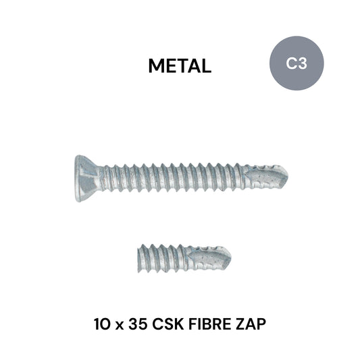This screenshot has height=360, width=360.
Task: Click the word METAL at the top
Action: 180,66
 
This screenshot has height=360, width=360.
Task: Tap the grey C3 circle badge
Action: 296,63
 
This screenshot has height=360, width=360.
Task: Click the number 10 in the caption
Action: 105,324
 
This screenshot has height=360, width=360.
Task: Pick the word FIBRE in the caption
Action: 214,324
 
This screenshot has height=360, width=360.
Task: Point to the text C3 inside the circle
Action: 296,64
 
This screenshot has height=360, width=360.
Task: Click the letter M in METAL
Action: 156,66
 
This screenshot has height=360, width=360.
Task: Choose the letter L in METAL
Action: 206,66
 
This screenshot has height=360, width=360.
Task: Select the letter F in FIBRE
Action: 199,324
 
